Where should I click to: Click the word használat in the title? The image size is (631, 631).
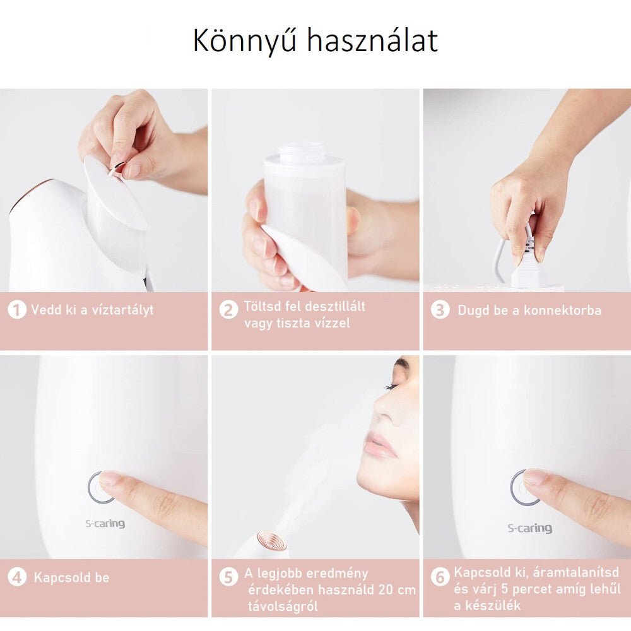tap(372, 40)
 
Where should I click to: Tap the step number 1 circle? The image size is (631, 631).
tap(17, 310)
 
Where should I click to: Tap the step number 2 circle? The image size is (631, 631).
tap(228, 310)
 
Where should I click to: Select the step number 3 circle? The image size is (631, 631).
tap(440, 310)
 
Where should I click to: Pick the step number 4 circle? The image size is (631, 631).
tap(17, 577)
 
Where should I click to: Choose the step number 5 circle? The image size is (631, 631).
tap(228, 577)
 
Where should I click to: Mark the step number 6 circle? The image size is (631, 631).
tap(440, 577)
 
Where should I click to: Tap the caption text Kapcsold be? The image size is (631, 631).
tap(71, 577)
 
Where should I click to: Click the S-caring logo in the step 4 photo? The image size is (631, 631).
tap(105, 523)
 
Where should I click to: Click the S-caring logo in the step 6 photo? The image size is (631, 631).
tap(530, 528)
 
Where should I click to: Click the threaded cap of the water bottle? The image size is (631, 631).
tap(302, 152)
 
